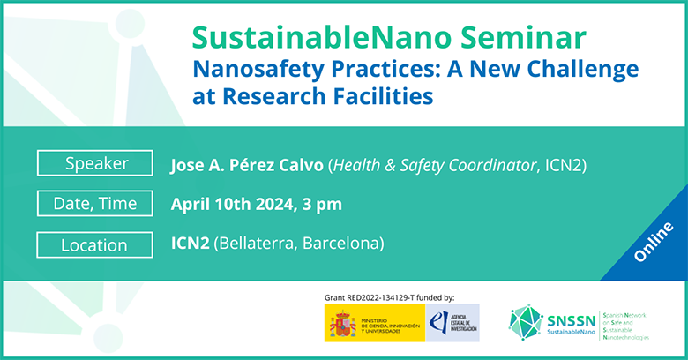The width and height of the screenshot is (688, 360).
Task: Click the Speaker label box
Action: pyautogui.click(x=97, y=164)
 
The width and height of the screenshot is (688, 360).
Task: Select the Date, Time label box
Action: pyautogui.click(x=97, y=204)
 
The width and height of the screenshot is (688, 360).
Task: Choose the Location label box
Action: pyautogui.click(x=97, y=244)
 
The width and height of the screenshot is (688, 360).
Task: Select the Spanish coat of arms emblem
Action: pyautogui.click(x=342, y=323)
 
